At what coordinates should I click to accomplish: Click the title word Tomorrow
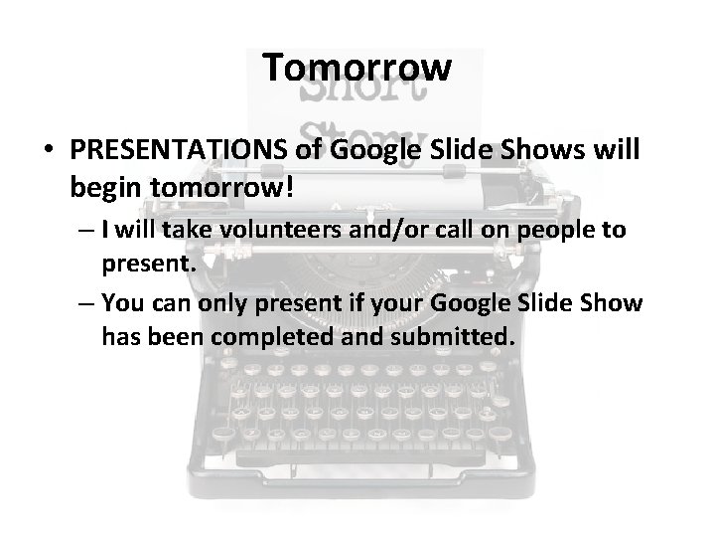[357, 69]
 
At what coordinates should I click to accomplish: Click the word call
[465, 231]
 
